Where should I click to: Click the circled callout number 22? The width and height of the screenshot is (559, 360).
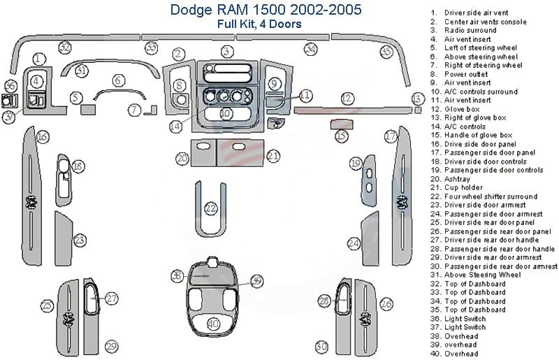coord(211,209)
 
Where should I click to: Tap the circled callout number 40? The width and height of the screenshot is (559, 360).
coord(213,324)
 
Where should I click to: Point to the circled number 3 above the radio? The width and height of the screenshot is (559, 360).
coord(226,51)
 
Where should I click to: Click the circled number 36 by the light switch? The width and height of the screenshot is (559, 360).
coord(10,86)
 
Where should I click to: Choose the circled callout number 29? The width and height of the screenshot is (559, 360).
coord(110,346)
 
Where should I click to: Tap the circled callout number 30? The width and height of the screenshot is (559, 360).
coord(321,346)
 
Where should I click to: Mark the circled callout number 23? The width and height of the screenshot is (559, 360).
coord(80,240)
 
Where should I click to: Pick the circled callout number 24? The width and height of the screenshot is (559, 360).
coord(354,244)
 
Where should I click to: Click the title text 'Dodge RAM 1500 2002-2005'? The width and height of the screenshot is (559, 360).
coord(220,10)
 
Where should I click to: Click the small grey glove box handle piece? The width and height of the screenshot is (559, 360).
coord(340,124)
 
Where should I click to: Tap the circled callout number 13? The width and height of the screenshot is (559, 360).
coord(418,98)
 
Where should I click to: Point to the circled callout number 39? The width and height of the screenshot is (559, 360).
coord(256,281)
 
